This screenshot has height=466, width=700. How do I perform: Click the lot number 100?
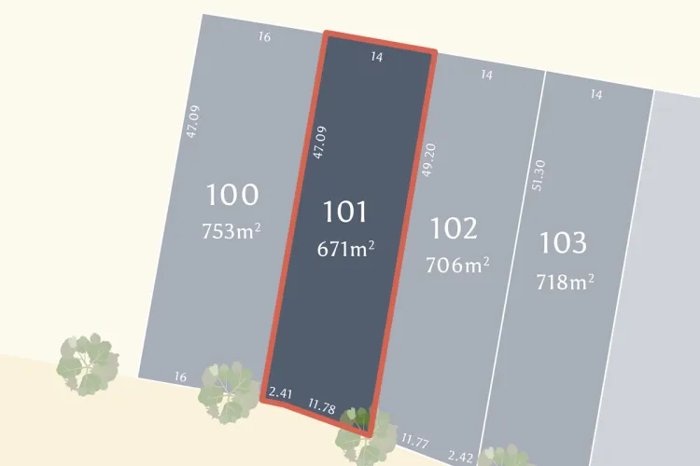pos(231,196)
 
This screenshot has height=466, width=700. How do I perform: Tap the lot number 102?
pos(455,227)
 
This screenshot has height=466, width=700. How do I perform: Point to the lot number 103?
pos(564,243)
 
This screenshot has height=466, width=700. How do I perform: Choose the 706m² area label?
pos(457,265)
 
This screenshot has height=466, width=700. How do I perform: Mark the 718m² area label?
pos(566,280)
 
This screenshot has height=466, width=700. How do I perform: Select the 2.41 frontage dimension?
pos(281,394)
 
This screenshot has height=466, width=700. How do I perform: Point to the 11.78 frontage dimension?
pos(322,406)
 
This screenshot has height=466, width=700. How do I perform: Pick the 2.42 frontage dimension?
pos(460,456)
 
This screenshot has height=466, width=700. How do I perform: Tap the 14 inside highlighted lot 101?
pos(377,57)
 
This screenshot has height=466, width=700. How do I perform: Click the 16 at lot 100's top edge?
pos(264,37)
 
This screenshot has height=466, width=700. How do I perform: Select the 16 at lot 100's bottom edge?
pos(180,377)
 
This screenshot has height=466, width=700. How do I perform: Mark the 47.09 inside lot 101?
pos(319,143)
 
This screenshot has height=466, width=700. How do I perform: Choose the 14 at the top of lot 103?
pos(596,94)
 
